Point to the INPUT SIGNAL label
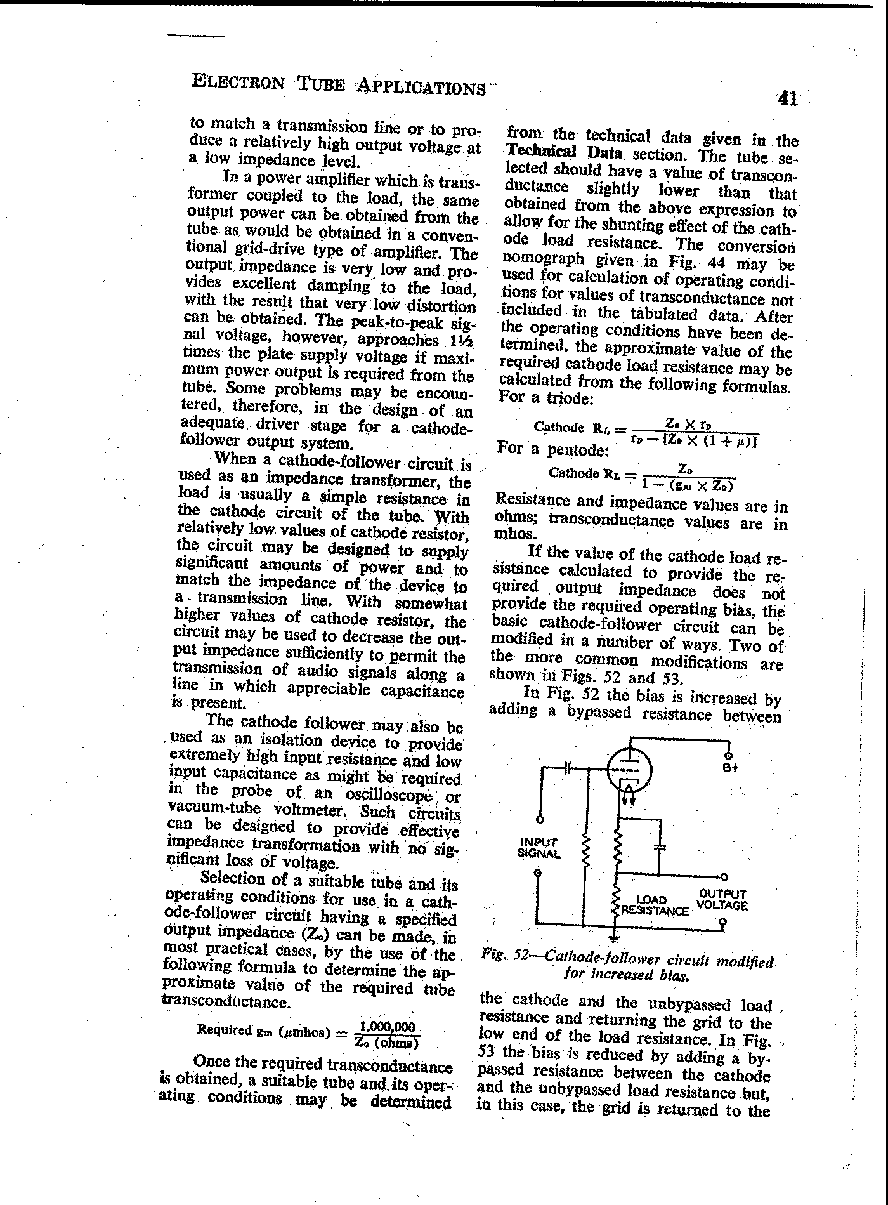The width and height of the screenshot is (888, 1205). [539, 848]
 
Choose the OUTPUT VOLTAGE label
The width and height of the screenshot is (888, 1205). [722, 900]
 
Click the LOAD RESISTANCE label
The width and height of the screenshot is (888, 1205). [653, 905]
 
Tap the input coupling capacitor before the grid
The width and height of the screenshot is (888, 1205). [568, 768]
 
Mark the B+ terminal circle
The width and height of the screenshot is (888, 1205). [729, 755]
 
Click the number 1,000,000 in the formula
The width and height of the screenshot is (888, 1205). [386, 1027]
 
